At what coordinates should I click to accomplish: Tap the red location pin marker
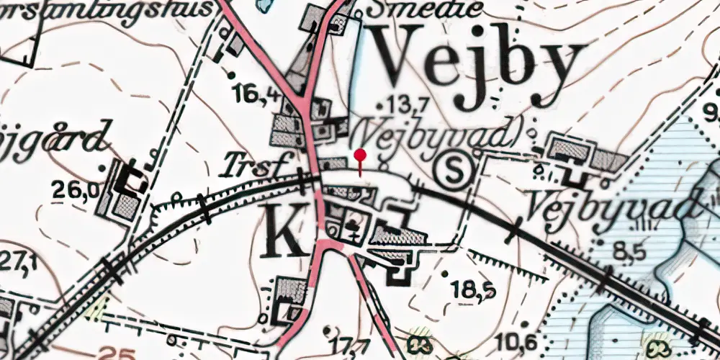click(x=360, y=156)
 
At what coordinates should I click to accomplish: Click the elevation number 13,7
click(x=407, y=103)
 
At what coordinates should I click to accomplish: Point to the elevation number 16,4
click(x=257, y=91)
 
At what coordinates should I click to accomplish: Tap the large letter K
click(x=284, y=230)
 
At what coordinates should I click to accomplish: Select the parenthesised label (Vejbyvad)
click(x=437, y=132)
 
